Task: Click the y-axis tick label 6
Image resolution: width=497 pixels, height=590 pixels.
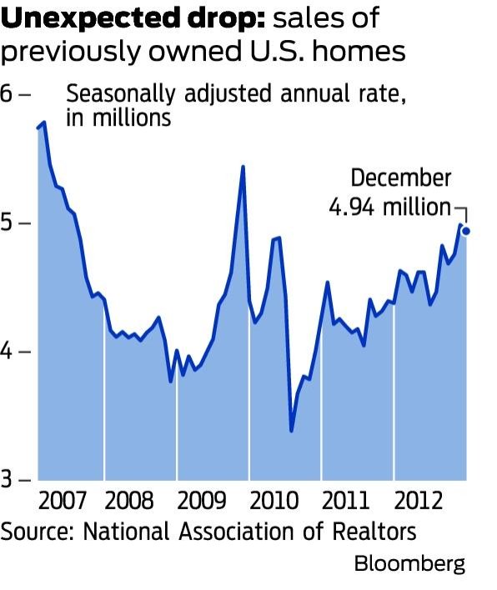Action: pyautogui.click(x=8, y=93)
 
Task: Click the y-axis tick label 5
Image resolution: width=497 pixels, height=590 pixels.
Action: pyautogui.click(x=8, y=223)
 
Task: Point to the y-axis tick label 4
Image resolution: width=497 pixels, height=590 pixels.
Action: pyautogui.click(x=8, y=352)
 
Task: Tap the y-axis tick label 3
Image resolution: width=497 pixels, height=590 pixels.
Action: pyautogui.click(x=8, y=481)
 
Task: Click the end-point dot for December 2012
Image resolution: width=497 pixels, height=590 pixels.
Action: pyautogui.click(x=466, y=231)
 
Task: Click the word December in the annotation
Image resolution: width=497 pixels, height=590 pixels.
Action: pyautogui.click(x=400, y=178)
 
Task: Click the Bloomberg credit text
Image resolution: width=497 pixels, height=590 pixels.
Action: pyautogui.click(x=409, y=563)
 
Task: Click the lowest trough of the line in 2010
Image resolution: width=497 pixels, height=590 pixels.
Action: pyautogui.click(x=291, y=431)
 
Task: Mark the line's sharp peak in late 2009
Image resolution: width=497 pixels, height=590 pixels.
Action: pyautogui.click(x=242, y=167)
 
